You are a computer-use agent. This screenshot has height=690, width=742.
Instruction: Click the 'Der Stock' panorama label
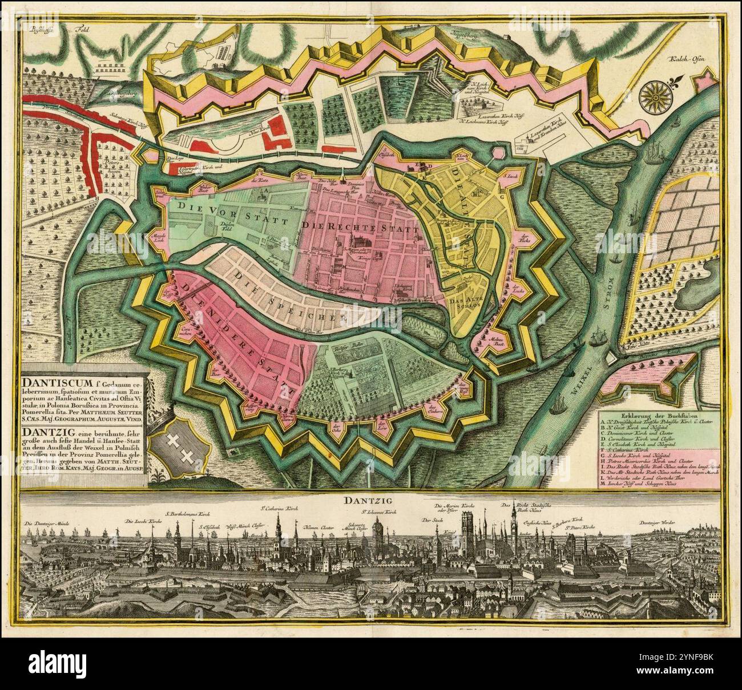click(432, 520)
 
